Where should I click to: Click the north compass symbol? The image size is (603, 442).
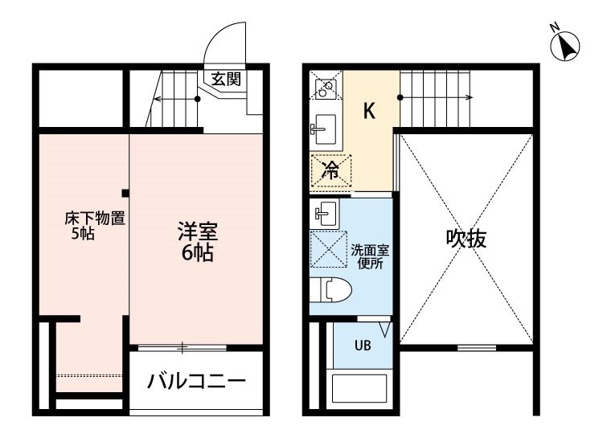point(565,46)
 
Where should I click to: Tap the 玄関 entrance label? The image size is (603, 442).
point(226,80)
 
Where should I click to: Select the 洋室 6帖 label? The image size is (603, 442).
point(198,242)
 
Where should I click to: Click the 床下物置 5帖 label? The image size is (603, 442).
point(94,226)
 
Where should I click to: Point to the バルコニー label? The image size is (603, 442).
point(196,381)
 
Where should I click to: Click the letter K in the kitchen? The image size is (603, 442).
point(369,111)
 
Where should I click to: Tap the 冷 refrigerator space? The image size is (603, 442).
point(331,170)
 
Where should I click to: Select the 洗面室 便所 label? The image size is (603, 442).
point(370,256)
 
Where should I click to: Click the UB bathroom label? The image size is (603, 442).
point(363,345)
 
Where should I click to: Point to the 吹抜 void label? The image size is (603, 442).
point(466,239)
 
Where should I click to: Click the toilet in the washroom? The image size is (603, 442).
point(330,289)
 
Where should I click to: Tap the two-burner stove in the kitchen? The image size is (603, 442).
point(326,88)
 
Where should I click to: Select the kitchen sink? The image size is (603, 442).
point(323,129)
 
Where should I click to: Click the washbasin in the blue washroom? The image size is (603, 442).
point(325,213)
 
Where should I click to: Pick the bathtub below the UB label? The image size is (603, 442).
point(359,389)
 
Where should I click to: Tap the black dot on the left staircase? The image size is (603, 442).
point(197,99)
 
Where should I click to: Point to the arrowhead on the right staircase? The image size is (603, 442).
point(470,97)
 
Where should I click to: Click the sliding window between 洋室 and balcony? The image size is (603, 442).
point(183,348)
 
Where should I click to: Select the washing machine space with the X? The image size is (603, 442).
point(329,249)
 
